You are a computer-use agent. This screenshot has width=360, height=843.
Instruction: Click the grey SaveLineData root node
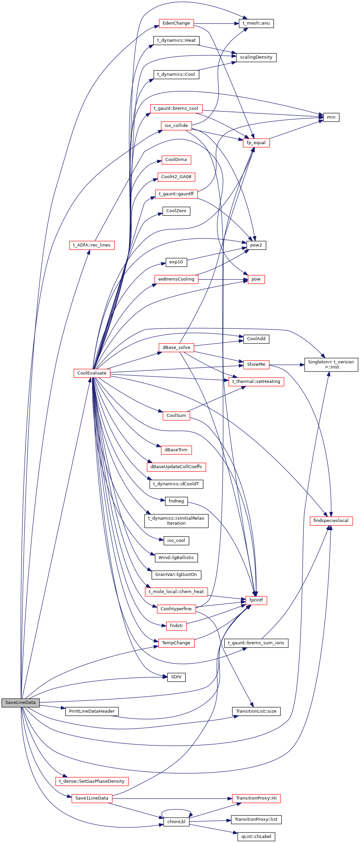(21, 703)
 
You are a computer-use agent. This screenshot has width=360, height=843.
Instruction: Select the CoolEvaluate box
(92, 373)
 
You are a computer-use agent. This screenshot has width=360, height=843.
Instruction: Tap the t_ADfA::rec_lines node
(92, 245)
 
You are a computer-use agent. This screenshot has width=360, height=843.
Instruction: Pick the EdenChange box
(176, 23)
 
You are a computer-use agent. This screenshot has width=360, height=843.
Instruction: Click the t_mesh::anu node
(256, 23)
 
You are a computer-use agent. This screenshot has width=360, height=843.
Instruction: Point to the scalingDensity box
(256, 57)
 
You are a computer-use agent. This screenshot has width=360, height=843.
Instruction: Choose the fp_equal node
(256, 143)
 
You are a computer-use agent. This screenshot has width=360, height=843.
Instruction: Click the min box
(331, 117)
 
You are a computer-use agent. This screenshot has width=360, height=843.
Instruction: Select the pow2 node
(256, 245)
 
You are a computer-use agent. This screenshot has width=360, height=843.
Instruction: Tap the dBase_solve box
(176, 348)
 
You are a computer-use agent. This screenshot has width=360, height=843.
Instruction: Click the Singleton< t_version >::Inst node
(331, 364)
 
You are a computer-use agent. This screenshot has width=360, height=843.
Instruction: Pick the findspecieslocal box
(331, 521)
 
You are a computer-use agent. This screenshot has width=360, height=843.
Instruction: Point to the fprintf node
(256, 600)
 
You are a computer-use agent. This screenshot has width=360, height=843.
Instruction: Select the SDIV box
(176, 677)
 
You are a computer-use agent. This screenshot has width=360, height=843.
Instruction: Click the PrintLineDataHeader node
(92, 711)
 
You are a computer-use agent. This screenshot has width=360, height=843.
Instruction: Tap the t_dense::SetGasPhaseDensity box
(92, 781)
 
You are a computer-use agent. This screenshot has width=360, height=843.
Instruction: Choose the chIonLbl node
(176, 822)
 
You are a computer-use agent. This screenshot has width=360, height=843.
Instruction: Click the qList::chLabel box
(256, 837)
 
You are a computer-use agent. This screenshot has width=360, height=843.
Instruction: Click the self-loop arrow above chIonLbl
(176, 810)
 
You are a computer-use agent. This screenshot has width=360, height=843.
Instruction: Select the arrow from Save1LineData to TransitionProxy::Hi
(172, 799)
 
